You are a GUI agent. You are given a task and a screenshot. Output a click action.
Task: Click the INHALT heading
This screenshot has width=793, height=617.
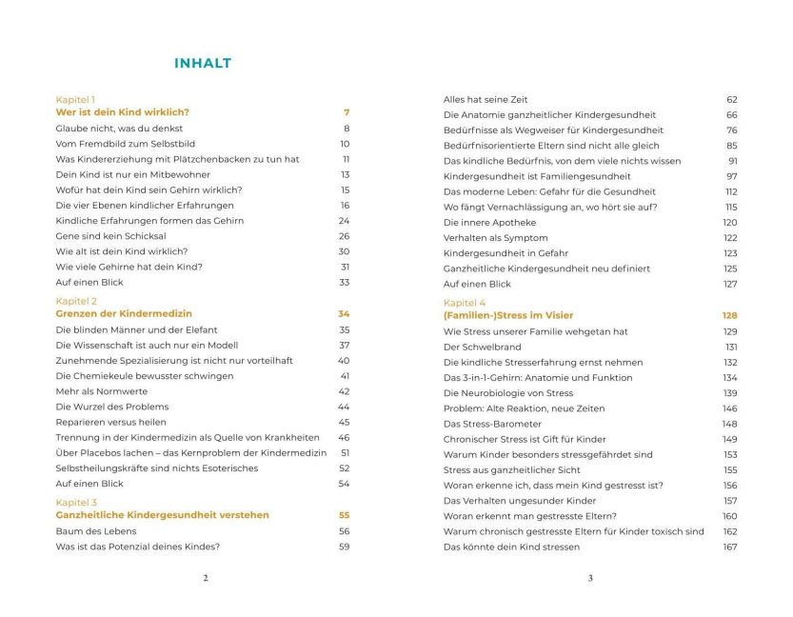[x=202, y=64]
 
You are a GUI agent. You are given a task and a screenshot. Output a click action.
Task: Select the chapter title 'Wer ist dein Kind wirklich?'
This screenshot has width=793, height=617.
[x=122, y=112]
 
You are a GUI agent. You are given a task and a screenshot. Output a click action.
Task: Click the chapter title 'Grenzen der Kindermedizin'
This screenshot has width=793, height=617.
[x=124, y=313]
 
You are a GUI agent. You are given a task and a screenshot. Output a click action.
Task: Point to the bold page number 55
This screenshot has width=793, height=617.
[x=344, y=515]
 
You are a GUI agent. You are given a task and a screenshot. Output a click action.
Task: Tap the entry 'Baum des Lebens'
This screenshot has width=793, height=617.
[x=96, y=531]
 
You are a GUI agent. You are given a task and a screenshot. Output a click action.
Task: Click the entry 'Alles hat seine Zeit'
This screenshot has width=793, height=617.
[x=486, y=99]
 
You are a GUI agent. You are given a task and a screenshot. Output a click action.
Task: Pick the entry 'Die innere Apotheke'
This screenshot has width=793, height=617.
[x=484, y=222]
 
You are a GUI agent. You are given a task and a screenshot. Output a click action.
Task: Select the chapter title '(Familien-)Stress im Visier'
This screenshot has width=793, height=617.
[x=508, y=315]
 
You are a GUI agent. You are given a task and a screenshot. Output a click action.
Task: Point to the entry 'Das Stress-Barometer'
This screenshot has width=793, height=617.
[x=492, y=424]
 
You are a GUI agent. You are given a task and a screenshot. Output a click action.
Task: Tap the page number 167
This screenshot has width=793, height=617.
[x=730, y=547]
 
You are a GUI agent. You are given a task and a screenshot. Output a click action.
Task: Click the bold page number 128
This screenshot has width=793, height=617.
[x=729, y=315]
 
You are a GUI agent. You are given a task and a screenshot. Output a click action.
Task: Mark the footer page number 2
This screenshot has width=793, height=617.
[x=206, y=578]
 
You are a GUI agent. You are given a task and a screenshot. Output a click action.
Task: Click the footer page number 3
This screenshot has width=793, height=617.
[x=590, y=578]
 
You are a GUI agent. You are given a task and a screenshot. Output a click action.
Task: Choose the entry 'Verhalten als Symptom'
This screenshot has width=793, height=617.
[x=495, y=237]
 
